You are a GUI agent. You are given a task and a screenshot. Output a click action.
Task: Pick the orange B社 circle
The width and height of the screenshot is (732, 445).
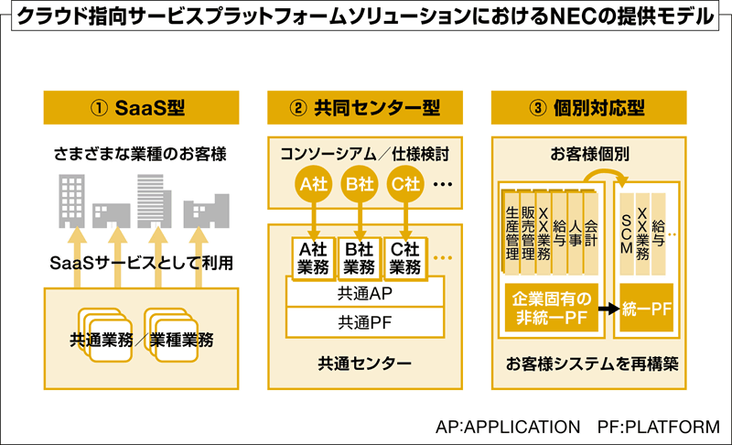coord(359,184)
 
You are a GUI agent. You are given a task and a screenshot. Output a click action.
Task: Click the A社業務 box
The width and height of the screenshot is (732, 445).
coord(311,256)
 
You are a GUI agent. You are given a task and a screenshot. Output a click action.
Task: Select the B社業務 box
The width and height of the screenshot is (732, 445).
coord(359,256)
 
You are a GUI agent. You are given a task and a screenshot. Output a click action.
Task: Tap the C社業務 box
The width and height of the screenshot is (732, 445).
coord(406,256)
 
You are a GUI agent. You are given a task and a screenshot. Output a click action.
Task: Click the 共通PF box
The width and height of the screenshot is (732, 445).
coord(364,321)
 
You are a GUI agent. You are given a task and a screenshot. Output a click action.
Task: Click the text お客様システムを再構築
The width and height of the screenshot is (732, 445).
coord(591,364)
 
